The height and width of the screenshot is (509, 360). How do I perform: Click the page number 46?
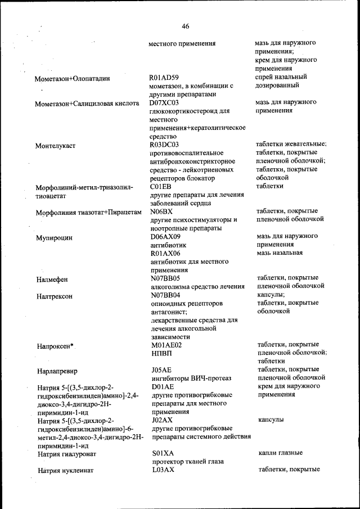186,25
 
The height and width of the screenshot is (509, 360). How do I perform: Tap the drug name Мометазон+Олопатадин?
72,79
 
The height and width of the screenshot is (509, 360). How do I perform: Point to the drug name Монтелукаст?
55,146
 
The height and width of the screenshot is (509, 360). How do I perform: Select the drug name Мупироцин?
54,238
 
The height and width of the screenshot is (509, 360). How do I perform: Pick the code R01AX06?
164,253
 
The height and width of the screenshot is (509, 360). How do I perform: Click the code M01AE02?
166,345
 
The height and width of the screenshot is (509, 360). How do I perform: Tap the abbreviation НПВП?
161,353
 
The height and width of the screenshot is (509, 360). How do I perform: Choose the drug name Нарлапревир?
57,371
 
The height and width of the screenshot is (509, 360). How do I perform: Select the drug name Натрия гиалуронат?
66,454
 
